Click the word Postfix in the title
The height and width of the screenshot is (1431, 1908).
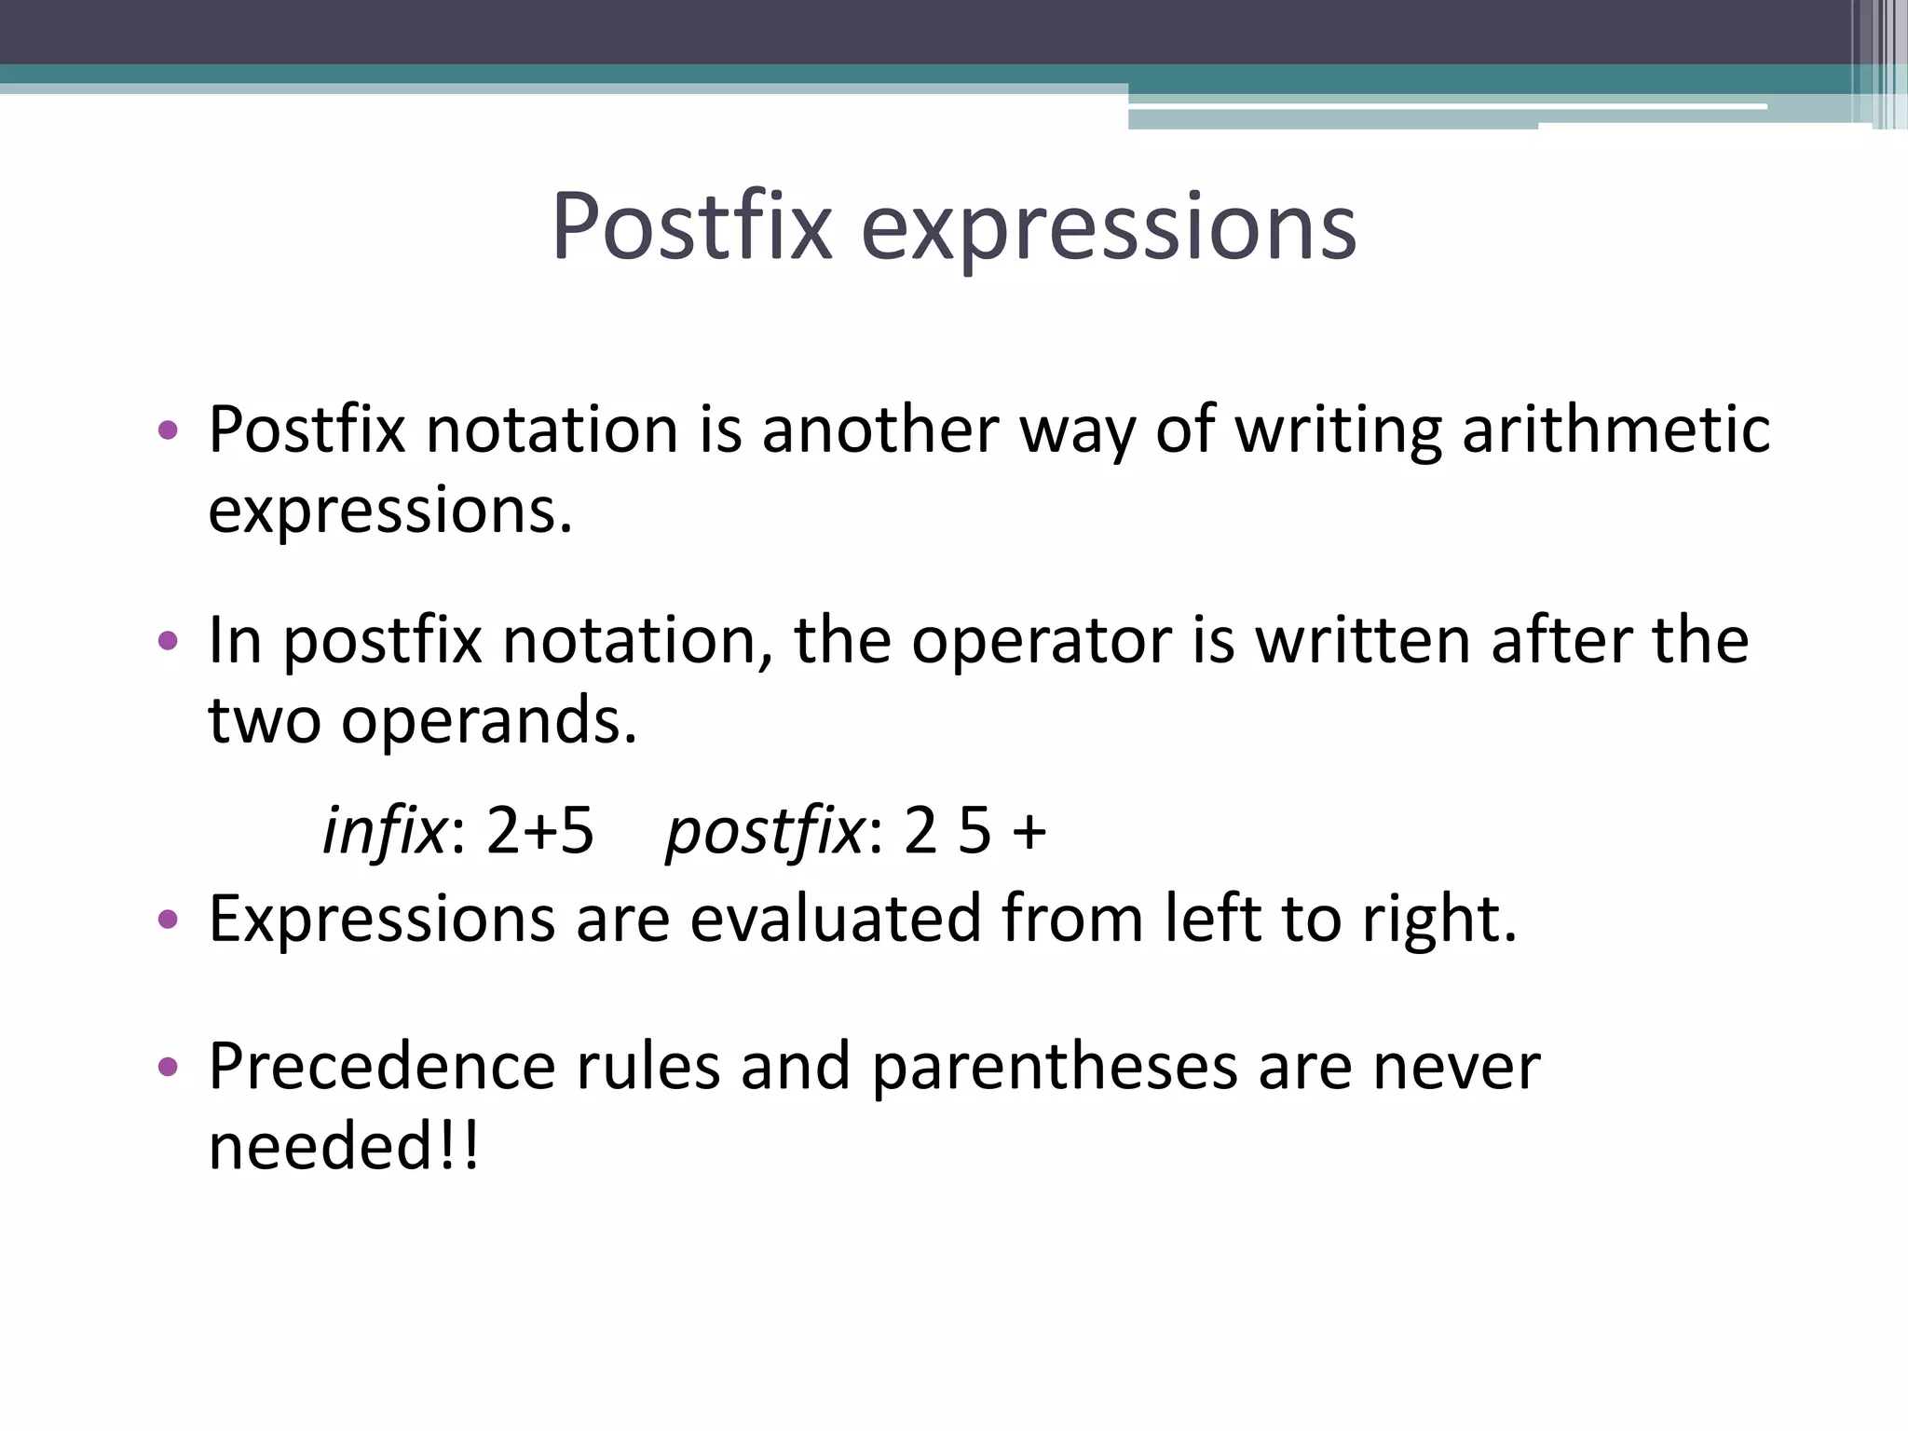(691, 226)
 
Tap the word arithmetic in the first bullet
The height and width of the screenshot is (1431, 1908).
(1615, 430)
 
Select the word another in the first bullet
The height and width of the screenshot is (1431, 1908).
(880, 430)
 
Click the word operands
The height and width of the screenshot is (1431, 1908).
(488, 721)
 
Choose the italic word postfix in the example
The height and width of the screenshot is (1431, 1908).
(765, 832)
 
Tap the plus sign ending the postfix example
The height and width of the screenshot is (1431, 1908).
(1029, 832)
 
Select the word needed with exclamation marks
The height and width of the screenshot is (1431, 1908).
(343, 1146)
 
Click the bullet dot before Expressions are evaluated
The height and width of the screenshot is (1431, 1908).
(168, 920)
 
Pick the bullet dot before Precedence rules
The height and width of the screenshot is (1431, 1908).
(168, 1067)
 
